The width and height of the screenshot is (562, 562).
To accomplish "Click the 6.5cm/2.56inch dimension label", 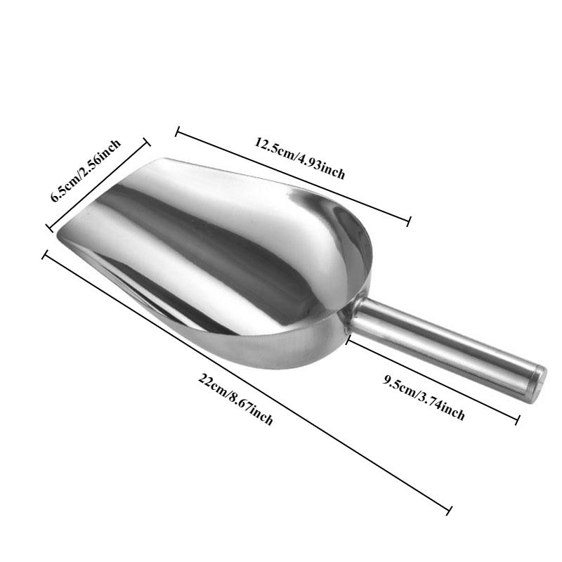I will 86,171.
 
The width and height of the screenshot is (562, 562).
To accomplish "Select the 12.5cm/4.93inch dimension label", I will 300,159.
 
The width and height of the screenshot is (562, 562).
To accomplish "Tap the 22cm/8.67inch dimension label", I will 235,400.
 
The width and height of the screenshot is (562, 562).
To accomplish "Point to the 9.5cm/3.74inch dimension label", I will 424,398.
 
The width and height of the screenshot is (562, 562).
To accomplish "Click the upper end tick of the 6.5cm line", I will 148,141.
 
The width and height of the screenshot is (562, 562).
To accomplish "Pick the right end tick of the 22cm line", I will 448,509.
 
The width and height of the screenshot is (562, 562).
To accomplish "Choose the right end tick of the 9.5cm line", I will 518,420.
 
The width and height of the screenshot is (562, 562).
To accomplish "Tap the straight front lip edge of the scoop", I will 105,197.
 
